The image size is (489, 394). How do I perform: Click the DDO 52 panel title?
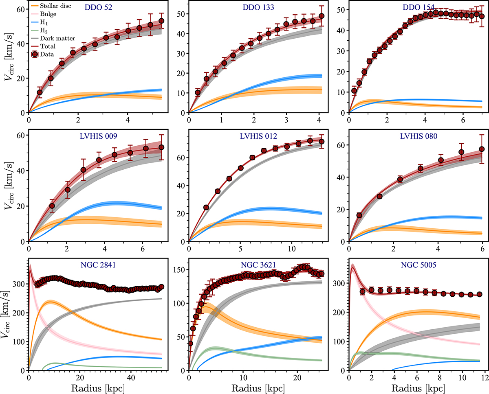click(x=99, y=8)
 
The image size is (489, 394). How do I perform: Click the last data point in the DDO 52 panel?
click(x=161, y=21)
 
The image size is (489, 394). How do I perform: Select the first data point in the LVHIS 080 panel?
click(x=359, y=215)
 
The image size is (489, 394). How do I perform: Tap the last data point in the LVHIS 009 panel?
click(x=161, y=147)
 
